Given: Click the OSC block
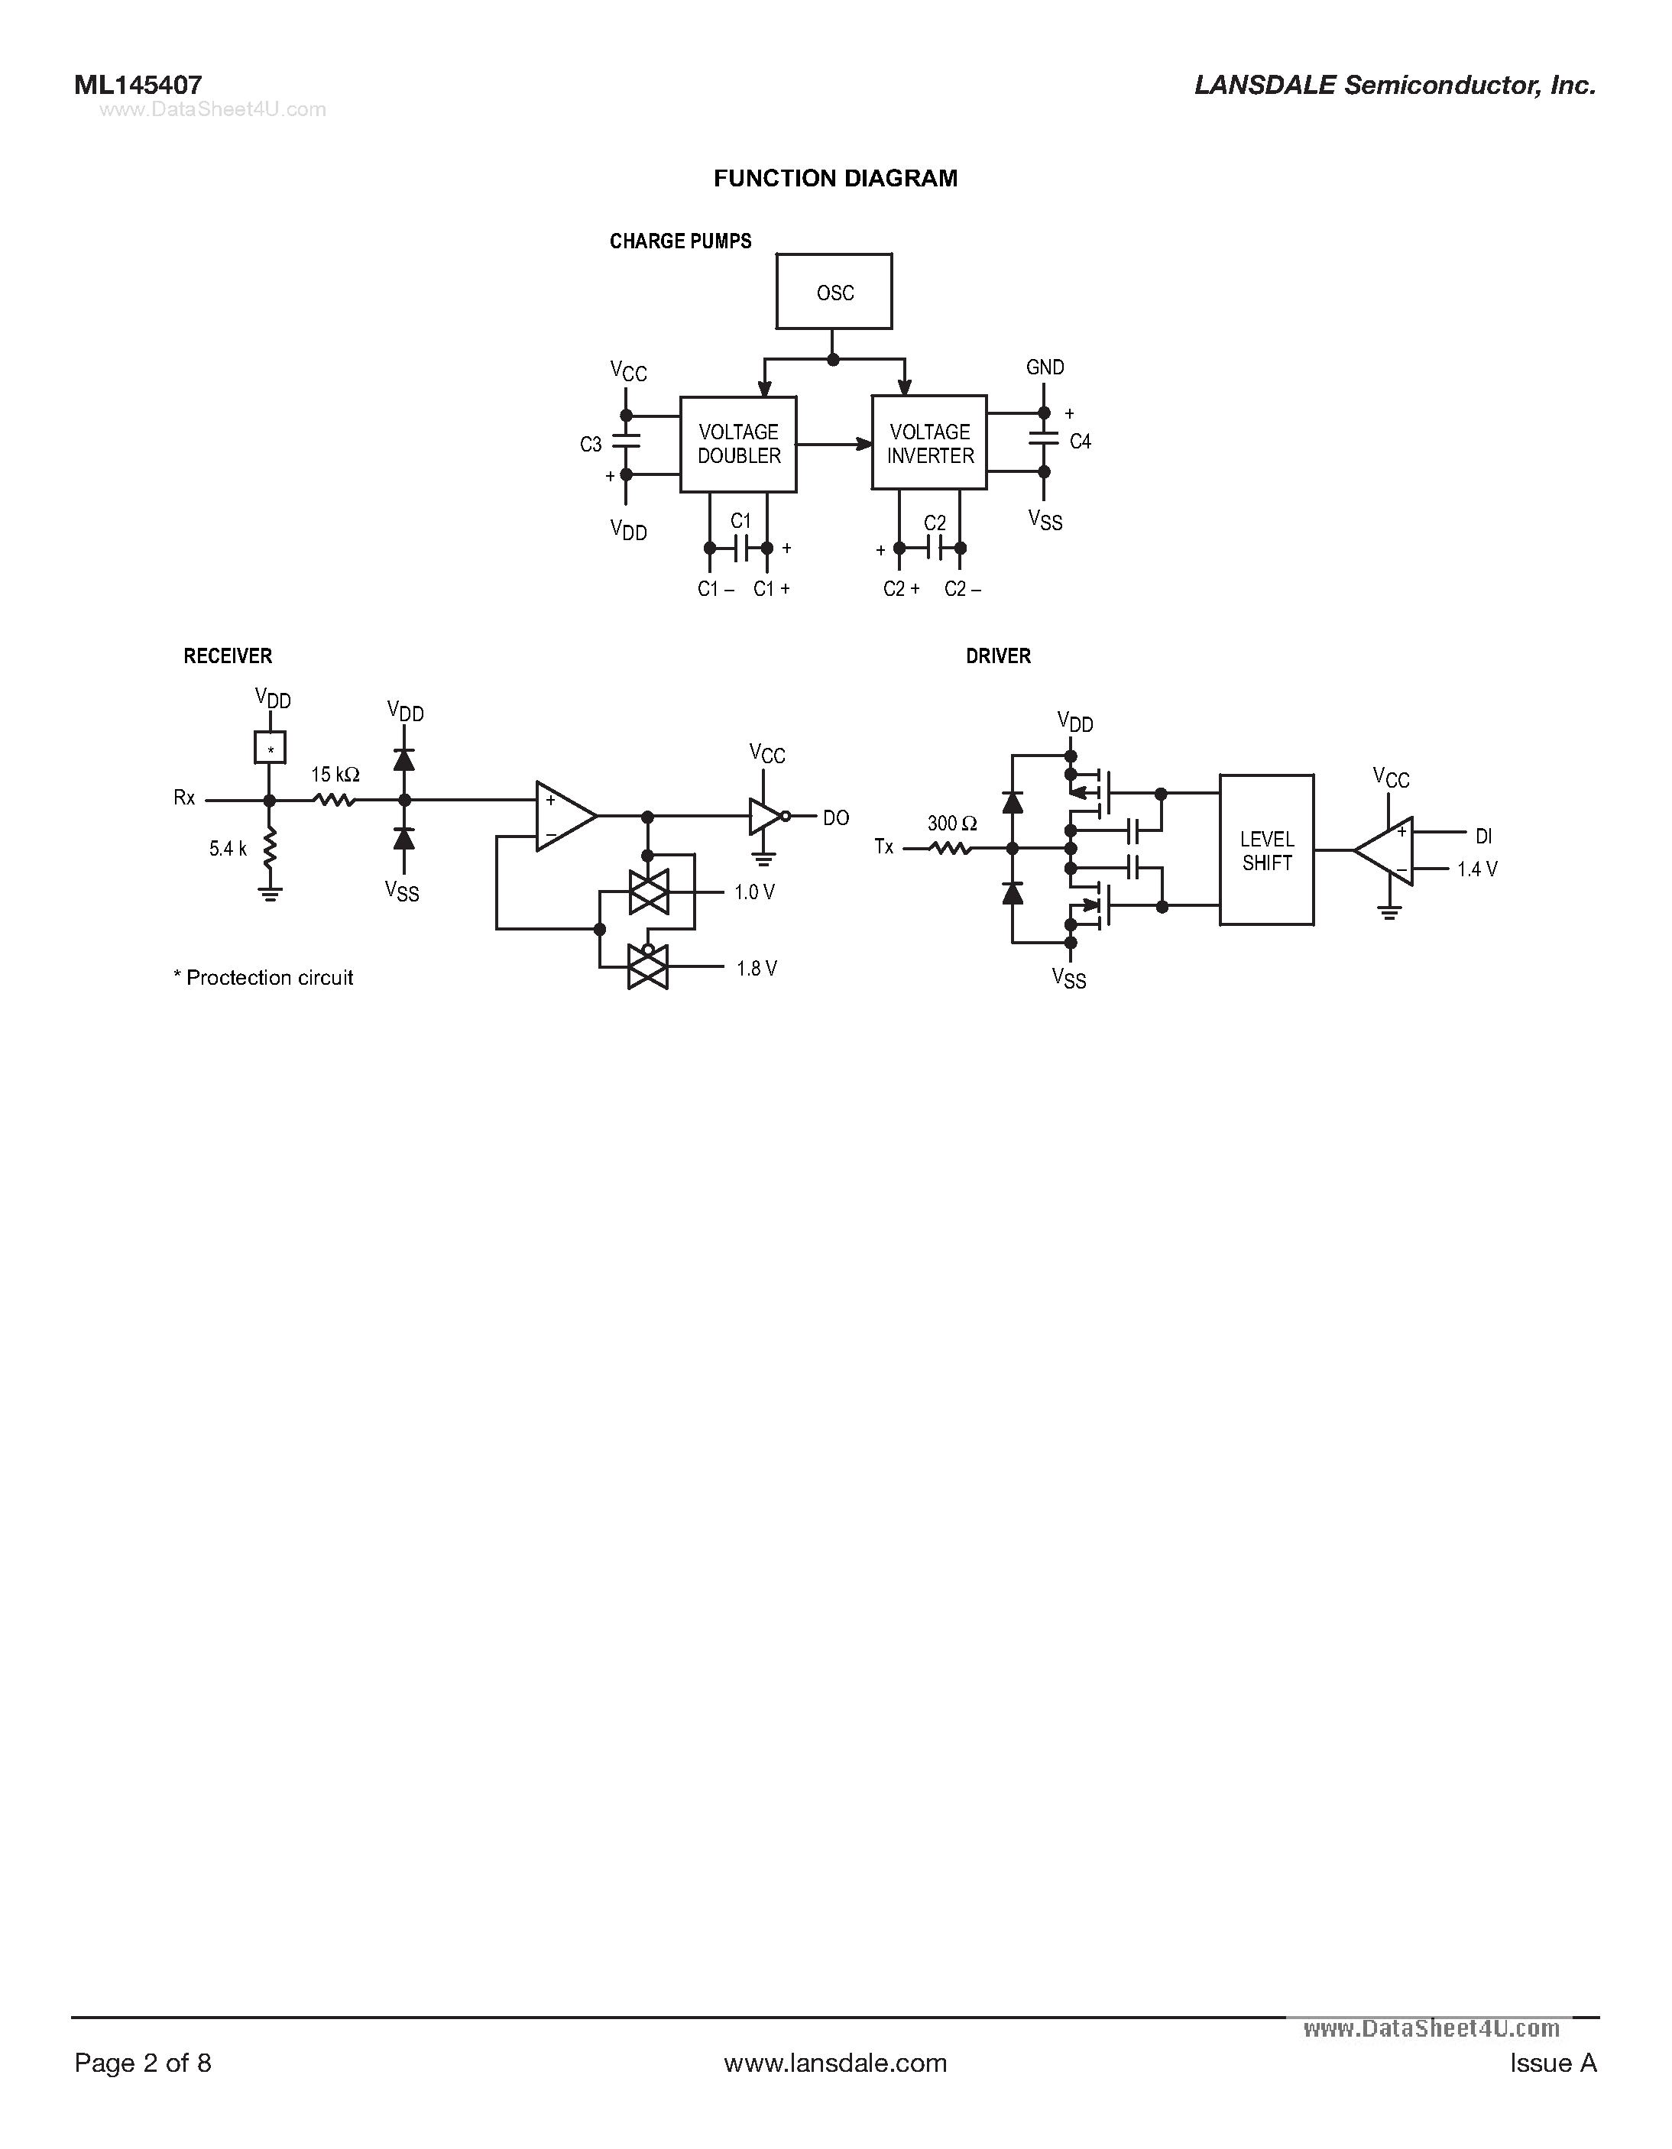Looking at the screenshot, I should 834,293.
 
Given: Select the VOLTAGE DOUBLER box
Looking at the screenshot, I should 738,444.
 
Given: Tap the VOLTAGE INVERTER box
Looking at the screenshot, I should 929,444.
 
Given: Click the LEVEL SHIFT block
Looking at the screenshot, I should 1266,850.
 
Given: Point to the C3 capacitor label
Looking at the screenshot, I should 591,445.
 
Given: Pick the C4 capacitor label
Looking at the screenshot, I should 1080,442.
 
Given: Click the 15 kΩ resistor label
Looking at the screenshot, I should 335,775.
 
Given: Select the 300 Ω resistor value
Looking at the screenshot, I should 951,824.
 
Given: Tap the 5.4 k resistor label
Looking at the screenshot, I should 227,848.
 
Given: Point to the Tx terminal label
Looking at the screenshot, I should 883,846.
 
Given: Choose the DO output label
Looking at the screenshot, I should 835,817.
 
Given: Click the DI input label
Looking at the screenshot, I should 1483,837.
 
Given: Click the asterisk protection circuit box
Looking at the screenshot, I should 270,748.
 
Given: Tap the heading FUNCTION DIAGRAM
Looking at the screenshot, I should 834,178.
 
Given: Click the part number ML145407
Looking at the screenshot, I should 138,86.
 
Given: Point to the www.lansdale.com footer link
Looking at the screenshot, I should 834,2063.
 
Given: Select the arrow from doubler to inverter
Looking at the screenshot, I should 834,445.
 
